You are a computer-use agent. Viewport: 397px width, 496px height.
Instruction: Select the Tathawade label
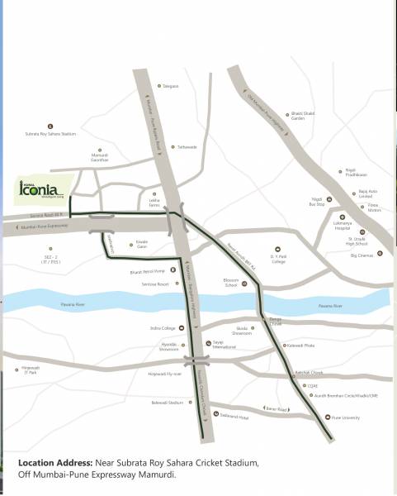click(x=186, y=147)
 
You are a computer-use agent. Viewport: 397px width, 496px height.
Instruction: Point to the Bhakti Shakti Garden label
click(x=298, y=117)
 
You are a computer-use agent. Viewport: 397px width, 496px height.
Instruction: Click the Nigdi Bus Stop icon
click(x=328, y=200)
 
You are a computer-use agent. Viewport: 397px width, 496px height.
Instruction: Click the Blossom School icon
click(x=244, y=284)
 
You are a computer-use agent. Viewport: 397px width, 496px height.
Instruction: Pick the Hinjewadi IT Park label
click(x=28, y=373)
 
